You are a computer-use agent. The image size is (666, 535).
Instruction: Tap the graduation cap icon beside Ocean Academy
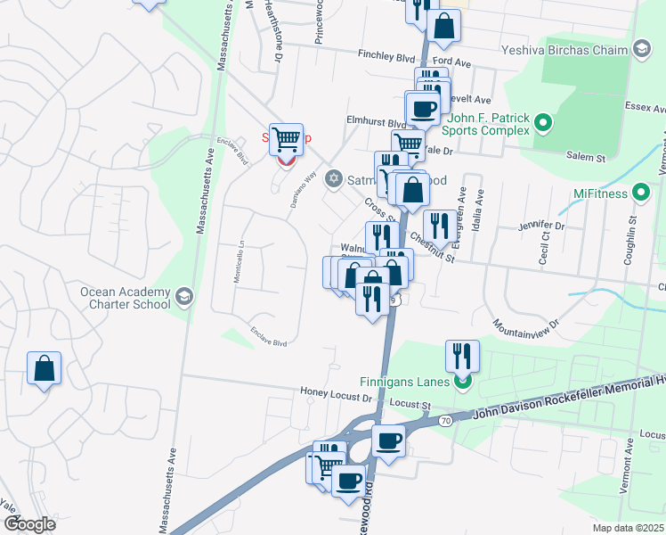pos(183,297)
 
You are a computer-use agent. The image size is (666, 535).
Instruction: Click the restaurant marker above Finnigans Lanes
pos(462,357)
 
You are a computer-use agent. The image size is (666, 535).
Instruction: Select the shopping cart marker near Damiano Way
pos(286,140)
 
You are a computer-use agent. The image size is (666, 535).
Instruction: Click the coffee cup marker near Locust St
pos(387,441)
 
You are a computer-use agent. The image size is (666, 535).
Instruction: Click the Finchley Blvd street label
pos(386,56)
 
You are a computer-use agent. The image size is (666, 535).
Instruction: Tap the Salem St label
pos(587,156)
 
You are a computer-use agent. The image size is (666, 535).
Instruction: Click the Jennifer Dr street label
pos(541,226)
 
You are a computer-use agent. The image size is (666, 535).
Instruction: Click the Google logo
pos(29,524)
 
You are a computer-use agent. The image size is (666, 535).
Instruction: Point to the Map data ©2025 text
pos(628,528)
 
